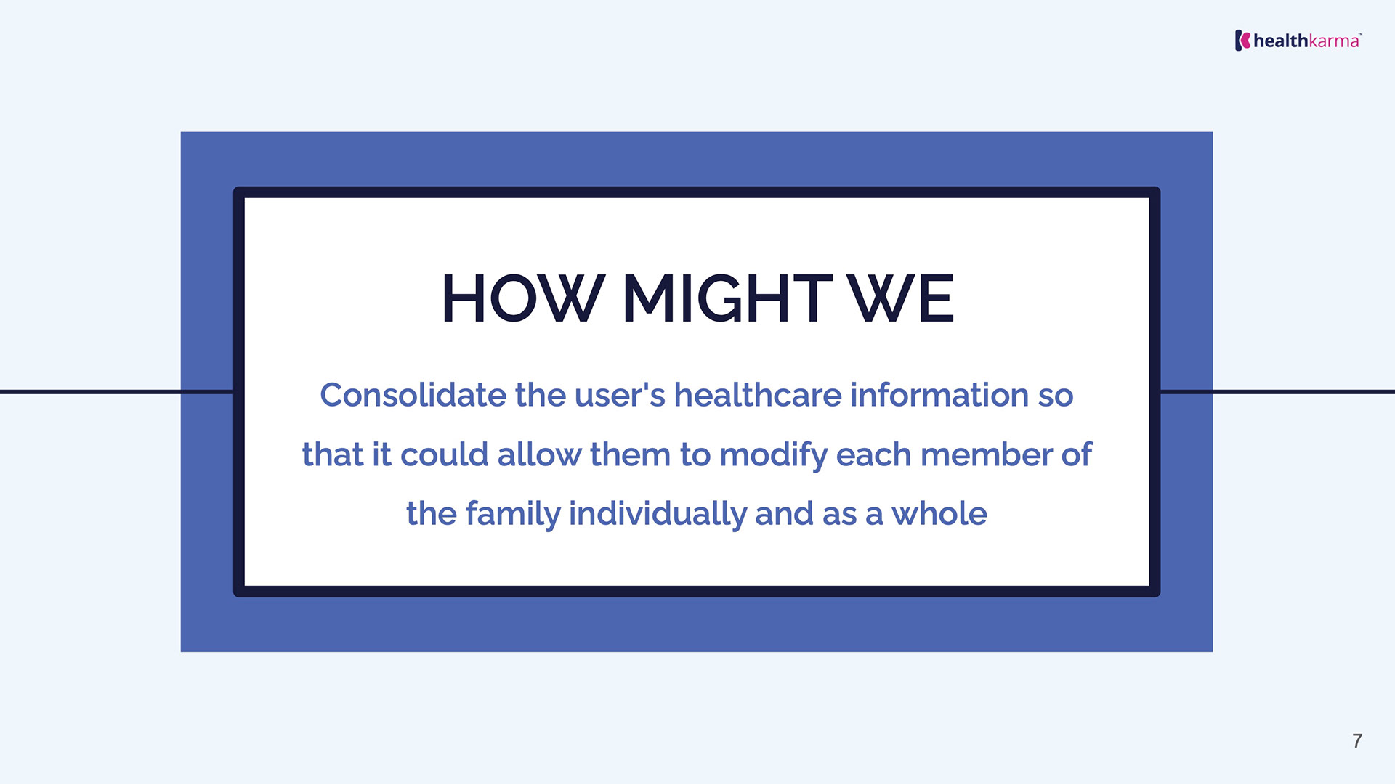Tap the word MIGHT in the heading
(727, 298)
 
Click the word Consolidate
(413, 395)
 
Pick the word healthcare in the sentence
(758, 395)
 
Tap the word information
(939, 395)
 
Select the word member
(986, 454)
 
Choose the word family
(513, 515)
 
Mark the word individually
(658, 515)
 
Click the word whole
(939, 513)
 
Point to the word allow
(539, 454)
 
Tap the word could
(445, 454)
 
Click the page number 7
(1357, 740)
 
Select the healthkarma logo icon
(1242, 41)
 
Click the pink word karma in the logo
(1333, 41)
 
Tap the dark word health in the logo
(1281, 41)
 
